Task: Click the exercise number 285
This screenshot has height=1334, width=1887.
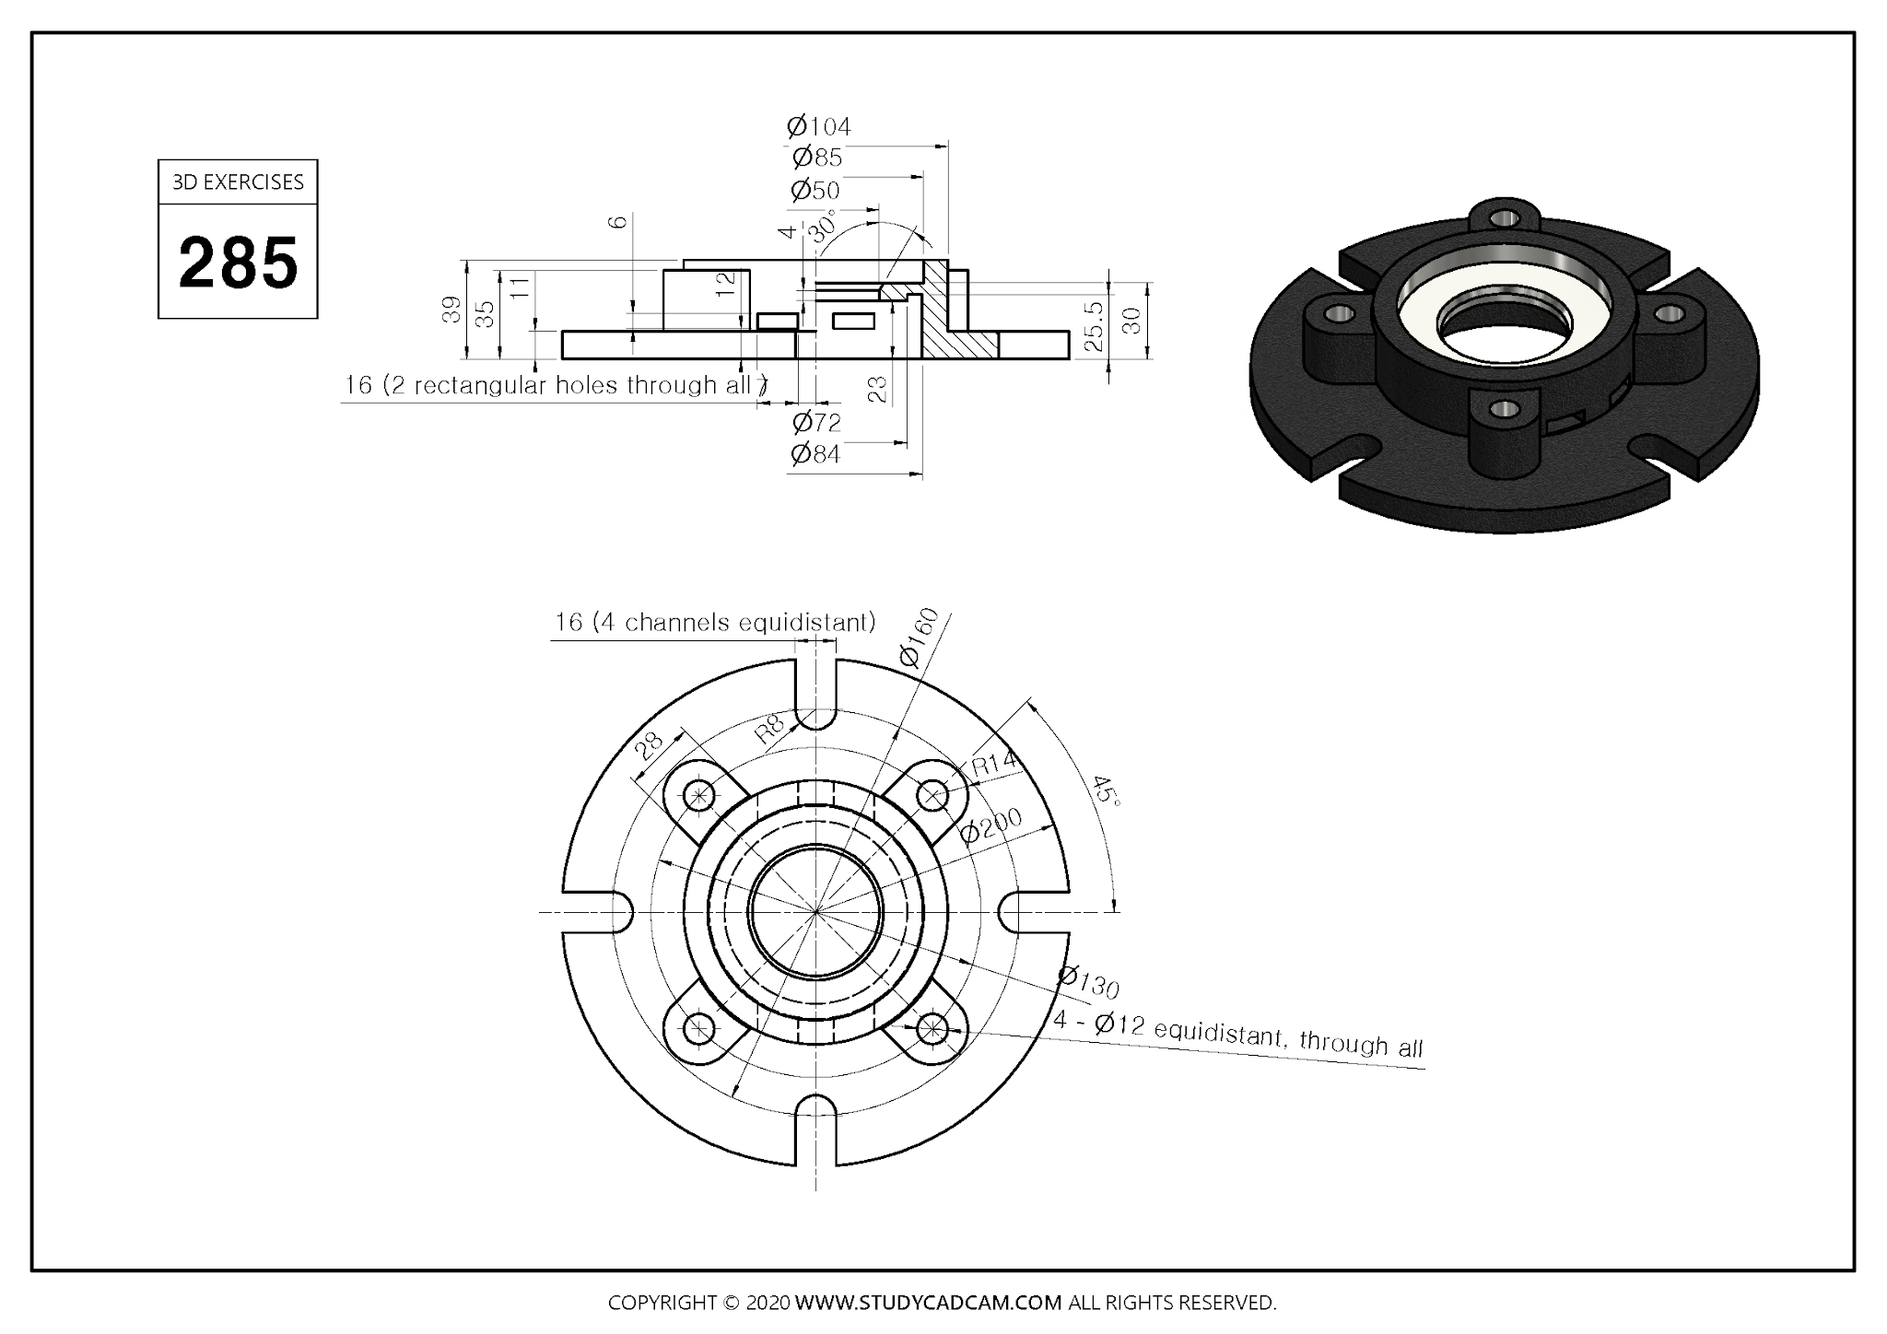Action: click(238, 263)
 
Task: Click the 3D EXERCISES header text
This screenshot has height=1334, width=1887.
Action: click(238, 182)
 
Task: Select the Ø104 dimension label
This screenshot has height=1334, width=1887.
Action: click(818, 126)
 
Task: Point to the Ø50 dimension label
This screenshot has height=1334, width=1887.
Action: click(815, 191)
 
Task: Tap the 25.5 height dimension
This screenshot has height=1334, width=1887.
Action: click(1094, 326)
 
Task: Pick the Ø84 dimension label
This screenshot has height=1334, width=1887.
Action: click(815, 454)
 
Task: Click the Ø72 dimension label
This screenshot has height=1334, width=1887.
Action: click(816, 423)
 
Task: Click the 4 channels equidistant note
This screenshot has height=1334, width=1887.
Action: click(714, 623)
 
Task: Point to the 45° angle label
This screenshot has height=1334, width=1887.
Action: click(1107, 790)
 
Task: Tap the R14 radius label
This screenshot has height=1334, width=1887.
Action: click(993, 763)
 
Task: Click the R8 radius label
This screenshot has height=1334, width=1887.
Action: click(768, 729)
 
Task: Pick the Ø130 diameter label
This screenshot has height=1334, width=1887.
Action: click(1089, 983)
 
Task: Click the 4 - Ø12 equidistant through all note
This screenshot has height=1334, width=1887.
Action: click(1238, 1034)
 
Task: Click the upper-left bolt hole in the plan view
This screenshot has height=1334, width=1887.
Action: click(700, 794)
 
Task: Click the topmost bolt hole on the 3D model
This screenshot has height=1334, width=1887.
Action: click(1505, 219)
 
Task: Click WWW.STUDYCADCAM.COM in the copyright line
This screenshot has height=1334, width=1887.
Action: click(928, 1303)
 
